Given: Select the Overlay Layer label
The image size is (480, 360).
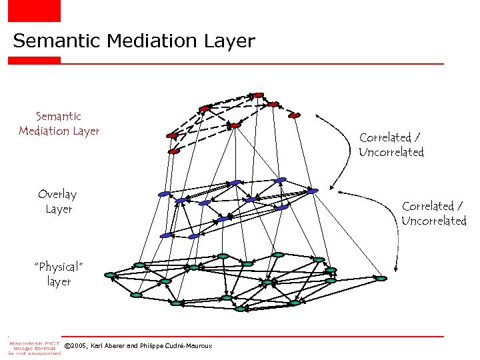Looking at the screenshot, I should click(58, 201).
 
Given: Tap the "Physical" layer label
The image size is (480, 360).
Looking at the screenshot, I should click(59, 274).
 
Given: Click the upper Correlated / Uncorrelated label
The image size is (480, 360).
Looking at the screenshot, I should click(391, 145).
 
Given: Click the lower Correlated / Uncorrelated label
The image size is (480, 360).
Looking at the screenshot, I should click(434, 213).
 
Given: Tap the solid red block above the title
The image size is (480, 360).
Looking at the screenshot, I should click(34, 11).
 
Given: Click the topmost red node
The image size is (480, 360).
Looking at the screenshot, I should click(258, 95).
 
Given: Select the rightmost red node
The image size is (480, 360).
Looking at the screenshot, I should click(295, 115).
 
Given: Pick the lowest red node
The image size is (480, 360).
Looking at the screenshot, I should click(175, 151).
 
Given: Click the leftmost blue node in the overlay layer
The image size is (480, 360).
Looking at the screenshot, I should click(164, 194).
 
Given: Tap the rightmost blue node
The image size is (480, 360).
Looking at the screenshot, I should click(313, 191).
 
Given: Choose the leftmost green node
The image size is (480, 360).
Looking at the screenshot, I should click(111, 275).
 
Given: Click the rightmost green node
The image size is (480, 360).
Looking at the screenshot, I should click(381, 278).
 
